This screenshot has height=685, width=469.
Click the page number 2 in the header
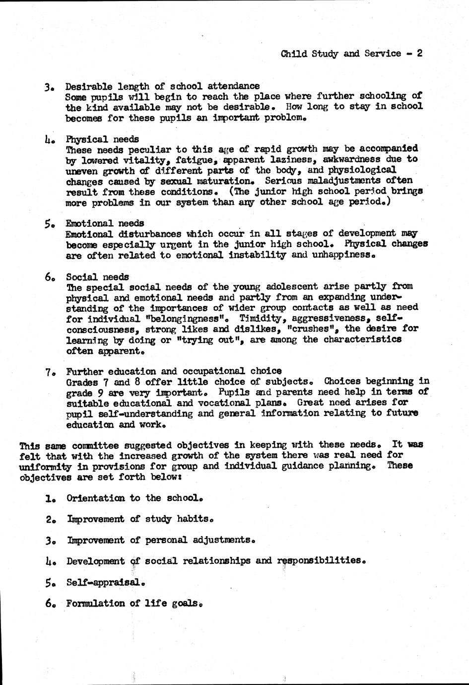click(419, 54)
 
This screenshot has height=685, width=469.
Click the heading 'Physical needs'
click(102, 139)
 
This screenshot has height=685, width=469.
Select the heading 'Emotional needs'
click(105, 223)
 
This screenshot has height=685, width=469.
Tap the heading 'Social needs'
click(97, 277)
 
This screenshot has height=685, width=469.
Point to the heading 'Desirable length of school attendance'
click(162, 86)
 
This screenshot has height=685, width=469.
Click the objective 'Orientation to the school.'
click(135, 498)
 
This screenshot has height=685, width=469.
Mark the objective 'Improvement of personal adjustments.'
click(161, 540)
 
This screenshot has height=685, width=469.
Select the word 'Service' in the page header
click(382, 54)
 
